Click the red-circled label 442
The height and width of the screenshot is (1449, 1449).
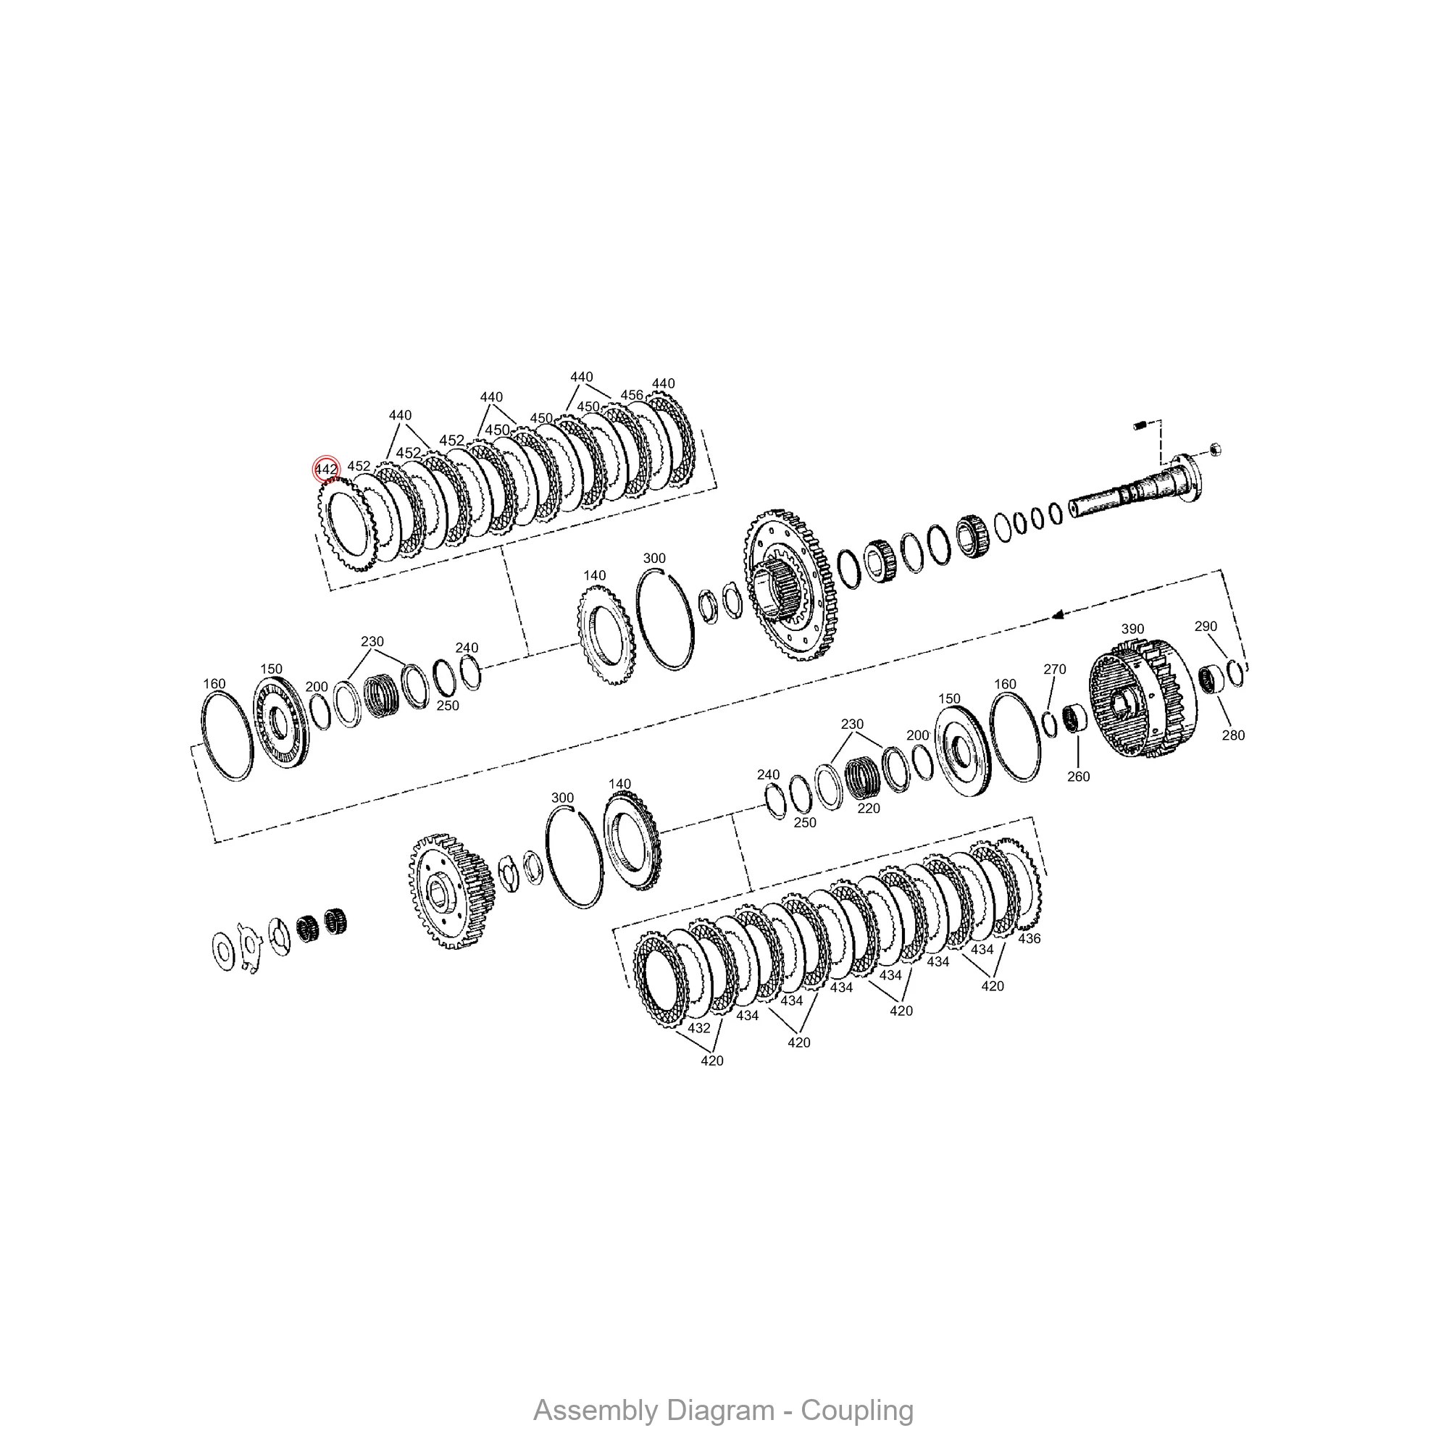coord(326,469)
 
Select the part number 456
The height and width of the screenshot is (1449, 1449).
coord(632,396)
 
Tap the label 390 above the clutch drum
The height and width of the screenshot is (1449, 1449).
coord(1132,630)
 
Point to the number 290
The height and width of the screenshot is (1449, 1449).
coord(1206,626)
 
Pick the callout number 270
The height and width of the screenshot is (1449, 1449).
coord(1053,669)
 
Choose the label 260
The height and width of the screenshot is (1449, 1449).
coord(1078,776)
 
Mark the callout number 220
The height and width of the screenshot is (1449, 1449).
coord(869,809)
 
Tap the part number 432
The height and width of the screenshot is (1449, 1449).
coord(698,1027)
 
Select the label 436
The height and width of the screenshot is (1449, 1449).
coord(1029,938)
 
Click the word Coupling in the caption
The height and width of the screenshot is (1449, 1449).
coord(856,1410)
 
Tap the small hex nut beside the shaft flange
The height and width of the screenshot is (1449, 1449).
coord(1216,450)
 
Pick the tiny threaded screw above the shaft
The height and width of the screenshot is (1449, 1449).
coord(1138,426)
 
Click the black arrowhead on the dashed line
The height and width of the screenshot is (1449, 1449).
coord(1058,615)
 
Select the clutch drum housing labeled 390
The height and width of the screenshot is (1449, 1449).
coord(1141,705)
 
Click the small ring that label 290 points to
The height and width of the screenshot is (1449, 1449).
coord(1235,673)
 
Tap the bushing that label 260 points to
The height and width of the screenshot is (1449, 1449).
coord(1077,721)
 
